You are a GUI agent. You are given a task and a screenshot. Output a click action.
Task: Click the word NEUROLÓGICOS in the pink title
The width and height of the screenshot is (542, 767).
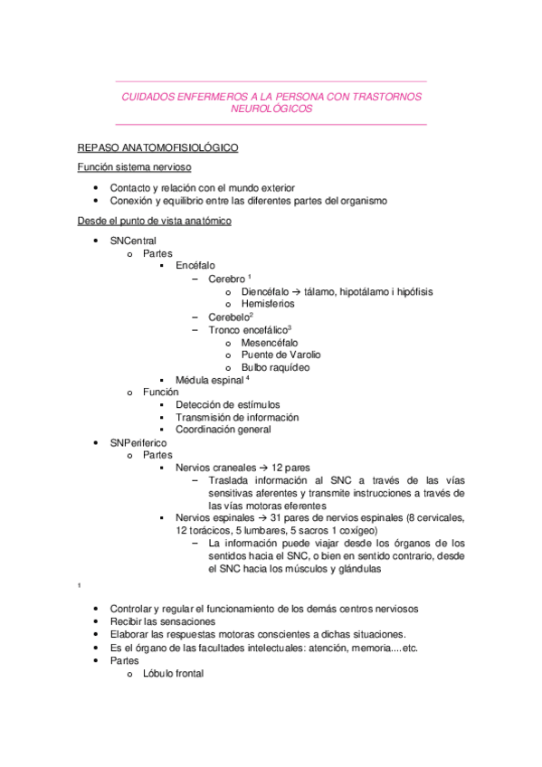tap(271, 109)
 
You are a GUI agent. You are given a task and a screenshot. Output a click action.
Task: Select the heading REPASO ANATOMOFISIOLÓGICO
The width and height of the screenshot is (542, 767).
tap(157, 147)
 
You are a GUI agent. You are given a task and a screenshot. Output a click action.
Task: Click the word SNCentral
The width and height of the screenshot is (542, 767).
tap(133, 241)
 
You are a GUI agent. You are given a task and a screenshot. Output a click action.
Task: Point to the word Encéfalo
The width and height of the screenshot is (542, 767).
tap(195, 267)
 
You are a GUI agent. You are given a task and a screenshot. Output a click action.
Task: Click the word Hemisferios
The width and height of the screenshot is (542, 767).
tap(268, 305)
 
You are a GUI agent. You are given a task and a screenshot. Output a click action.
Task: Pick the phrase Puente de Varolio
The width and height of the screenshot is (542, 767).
tap(281, 355)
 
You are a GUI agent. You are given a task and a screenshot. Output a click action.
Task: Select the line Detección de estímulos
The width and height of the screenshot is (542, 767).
tap(228, 405)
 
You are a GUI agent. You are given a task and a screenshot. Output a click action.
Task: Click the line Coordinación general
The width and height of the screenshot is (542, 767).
tap(223, 430)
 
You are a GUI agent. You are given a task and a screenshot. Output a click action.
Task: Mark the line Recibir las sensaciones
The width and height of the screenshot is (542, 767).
tap(163, 622)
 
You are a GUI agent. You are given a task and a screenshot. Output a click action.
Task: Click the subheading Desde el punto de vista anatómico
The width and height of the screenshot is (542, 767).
tap(155, 221)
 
